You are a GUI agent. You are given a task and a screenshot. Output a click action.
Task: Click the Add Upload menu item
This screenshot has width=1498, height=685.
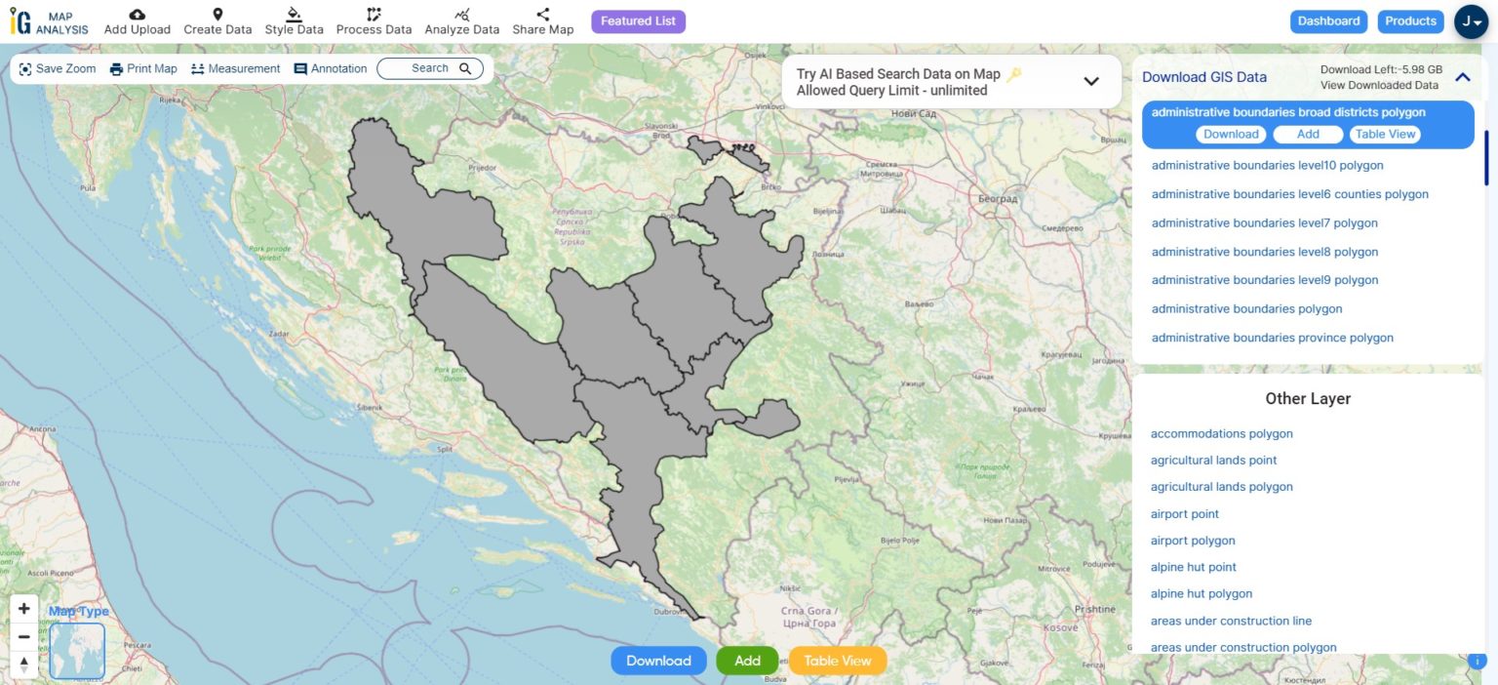pyautogui.click(x=138, y=21)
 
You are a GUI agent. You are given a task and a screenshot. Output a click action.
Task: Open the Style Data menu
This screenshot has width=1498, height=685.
pyautogui.click(x=294, y=21)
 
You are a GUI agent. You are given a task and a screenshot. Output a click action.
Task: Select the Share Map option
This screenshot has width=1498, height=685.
pyautogui.click(x=543, y=21)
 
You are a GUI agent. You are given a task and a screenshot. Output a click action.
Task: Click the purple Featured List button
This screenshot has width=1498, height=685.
pyautogui.click(x=638, y=21)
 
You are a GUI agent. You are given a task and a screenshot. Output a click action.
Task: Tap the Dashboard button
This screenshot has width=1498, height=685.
pyautogui.click(x=1328, y=21)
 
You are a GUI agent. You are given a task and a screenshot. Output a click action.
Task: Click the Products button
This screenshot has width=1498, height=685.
pyautogui.click(x=1410, y=21)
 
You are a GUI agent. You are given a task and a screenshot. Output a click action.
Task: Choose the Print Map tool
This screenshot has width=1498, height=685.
pyautogui.click(x=143, y=69)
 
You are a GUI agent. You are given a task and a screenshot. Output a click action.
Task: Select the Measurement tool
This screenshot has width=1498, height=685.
pyautogui.click(x=235, y=69)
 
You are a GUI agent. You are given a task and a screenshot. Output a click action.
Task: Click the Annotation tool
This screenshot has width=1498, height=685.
pyautogui.click(x=331, y=69)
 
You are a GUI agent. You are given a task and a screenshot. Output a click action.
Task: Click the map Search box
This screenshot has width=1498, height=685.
pyautogui.click(x=430, y=68)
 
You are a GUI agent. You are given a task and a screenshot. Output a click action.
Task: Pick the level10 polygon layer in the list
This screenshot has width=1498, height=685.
pyautogui.click(x=1267, y=166)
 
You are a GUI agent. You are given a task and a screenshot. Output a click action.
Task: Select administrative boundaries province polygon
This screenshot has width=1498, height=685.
pyautogui.click(x=1272, y=338)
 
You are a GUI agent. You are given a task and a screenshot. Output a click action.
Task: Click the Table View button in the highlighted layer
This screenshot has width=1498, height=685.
pyautogui.click(x=1385, y=135)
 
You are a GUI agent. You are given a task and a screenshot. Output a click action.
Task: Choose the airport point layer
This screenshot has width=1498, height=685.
pyautogui.click(x=1185, y=514)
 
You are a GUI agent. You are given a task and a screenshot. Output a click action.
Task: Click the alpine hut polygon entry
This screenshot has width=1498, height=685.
pyautogui.click(x=1202, y=593)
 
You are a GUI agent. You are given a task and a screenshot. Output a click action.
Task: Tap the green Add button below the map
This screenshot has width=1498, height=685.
pyautogui.click(x=747, y=661)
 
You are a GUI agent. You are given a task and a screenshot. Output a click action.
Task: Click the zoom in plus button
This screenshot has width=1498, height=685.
pyautogui.click(x=24, y=609)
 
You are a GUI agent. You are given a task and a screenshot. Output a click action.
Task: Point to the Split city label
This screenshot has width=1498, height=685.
pyautogui.click(x=446, y=450)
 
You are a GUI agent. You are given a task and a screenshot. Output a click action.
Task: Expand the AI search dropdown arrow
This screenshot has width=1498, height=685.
pyautogui.click(x=1091, y=82)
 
